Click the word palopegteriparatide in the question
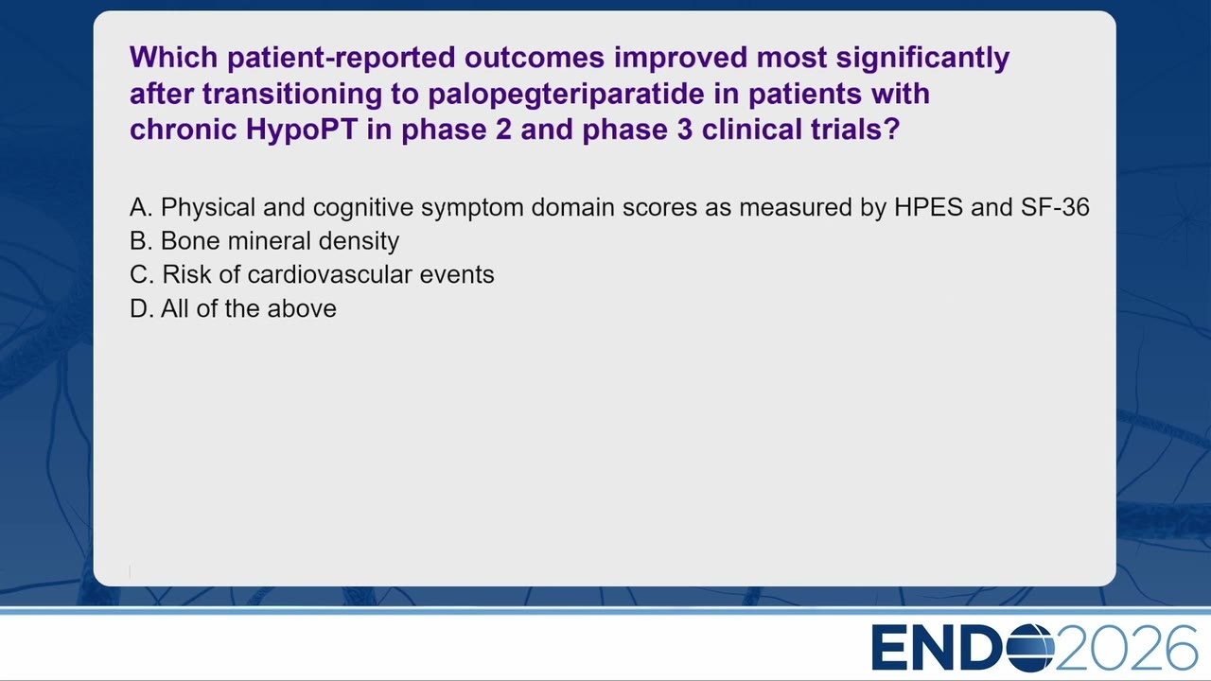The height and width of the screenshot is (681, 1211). coord(567,94)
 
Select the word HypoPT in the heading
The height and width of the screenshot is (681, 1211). coord(302,131)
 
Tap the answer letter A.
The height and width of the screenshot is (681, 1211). coord(141,207)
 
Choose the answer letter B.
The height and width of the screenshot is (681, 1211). coord(141,241)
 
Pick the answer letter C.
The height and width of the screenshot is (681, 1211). coord(142,274)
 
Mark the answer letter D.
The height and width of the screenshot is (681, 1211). coord(141,308)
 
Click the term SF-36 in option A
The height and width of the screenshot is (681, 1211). coord(1055,207)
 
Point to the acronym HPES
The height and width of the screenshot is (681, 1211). coord(928,207)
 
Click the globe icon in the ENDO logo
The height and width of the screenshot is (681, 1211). coord(1031,648)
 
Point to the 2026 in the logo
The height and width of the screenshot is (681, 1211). coord(1126,648)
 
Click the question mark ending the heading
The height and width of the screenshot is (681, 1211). coord(891,130)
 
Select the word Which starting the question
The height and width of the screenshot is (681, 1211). coord(173,58)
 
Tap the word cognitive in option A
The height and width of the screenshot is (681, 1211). coord(362,208)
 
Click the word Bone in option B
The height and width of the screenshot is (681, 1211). coord(191,241)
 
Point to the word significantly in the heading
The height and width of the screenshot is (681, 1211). coord(922,58)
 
